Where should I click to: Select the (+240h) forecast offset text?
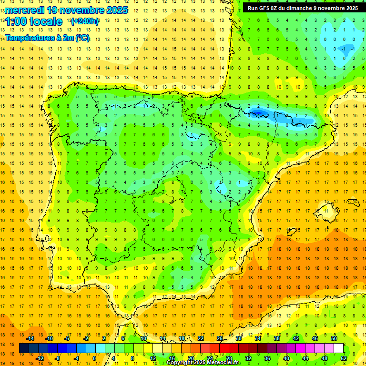(85, 21)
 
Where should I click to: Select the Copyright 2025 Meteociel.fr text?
(203, 363)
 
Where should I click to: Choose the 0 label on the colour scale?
(94, 358)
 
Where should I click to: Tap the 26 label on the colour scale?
(220, 338)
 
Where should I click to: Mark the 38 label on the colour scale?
(277, 338)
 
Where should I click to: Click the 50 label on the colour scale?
(334, 338)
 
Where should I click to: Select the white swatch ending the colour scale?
(339, 348)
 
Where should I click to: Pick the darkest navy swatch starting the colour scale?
(24, 348)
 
